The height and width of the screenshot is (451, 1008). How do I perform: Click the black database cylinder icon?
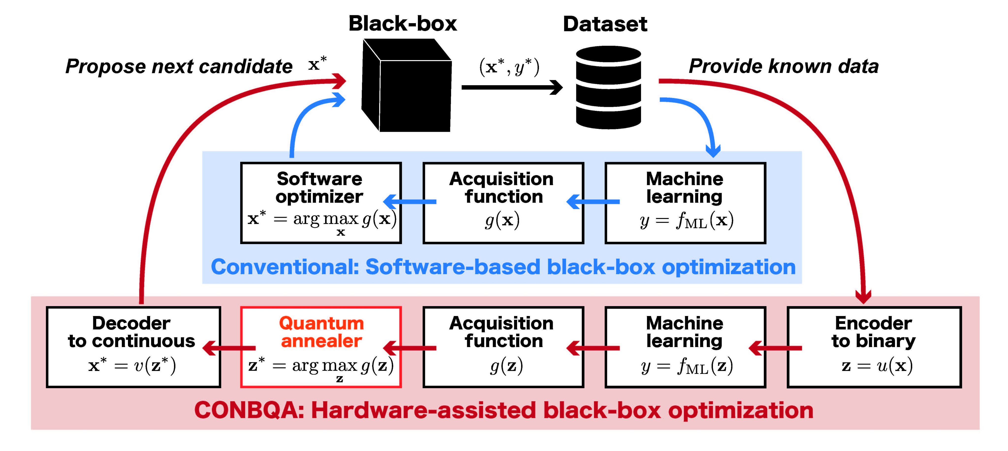609,87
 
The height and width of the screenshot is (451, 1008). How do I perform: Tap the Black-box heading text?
402,23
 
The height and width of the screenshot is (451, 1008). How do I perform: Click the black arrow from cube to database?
511,87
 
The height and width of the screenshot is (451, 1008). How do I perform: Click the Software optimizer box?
321,203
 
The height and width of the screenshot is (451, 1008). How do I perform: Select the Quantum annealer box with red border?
321,347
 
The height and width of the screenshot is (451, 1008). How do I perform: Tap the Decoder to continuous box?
133,347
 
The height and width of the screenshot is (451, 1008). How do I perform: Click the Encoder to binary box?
874,347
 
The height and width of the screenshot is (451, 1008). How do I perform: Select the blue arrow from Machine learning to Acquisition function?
593,202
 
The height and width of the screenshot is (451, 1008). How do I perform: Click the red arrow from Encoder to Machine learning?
775,348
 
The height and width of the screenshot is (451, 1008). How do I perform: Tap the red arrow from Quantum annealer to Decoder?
229,348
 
